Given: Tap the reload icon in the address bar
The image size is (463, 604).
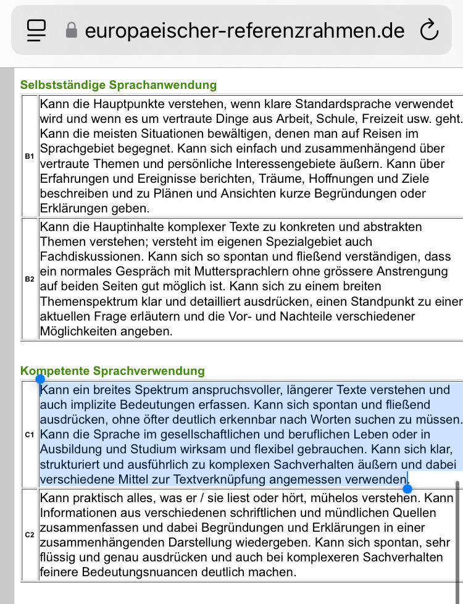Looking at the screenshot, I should pos(428,30).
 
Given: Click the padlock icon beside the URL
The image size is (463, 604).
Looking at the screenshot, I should pos(72,30).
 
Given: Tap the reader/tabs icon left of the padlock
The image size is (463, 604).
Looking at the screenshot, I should pos(37,30).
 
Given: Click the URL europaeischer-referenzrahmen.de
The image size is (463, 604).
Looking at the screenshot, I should pos(244,30).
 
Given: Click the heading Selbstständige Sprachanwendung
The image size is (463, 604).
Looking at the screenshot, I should pos(119,85).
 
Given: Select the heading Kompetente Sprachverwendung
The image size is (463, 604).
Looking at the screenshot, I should pos(112,371).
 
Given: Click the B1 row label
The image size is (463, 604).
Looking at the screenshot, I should pos(30,156).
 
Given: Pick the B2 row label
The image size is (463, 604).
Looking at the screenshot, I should pos(30,279).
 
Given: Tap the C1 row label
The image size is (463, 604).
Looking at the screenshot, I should pos(30,435).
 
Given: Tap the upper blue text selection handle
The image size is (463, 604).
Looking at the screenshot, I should pos(40,379).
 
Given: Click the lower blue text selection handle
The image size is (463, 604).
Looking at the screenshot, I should pos(407,489).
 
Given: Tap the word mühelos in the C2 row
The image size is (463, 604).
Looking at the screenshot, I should pos(311,498).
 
